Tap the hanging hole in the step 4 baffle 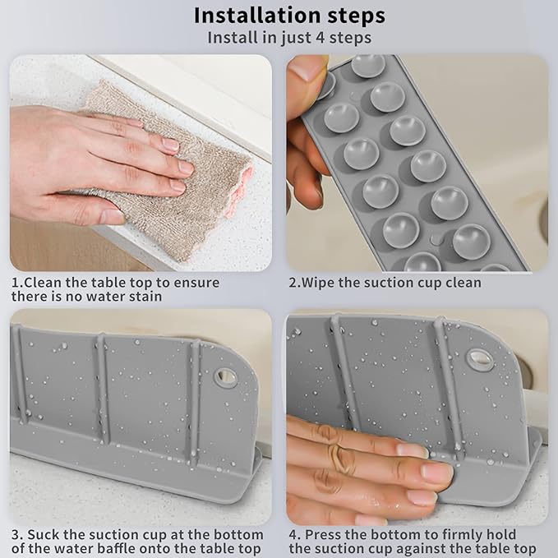[x=478, y=358]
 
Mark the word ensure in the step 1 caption [x=195, y=283]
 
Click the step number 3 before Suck [x=15, y=533]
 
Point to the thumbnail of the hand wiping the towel [x=140, y=163]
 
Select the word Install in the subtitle [x=233, y=38]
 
